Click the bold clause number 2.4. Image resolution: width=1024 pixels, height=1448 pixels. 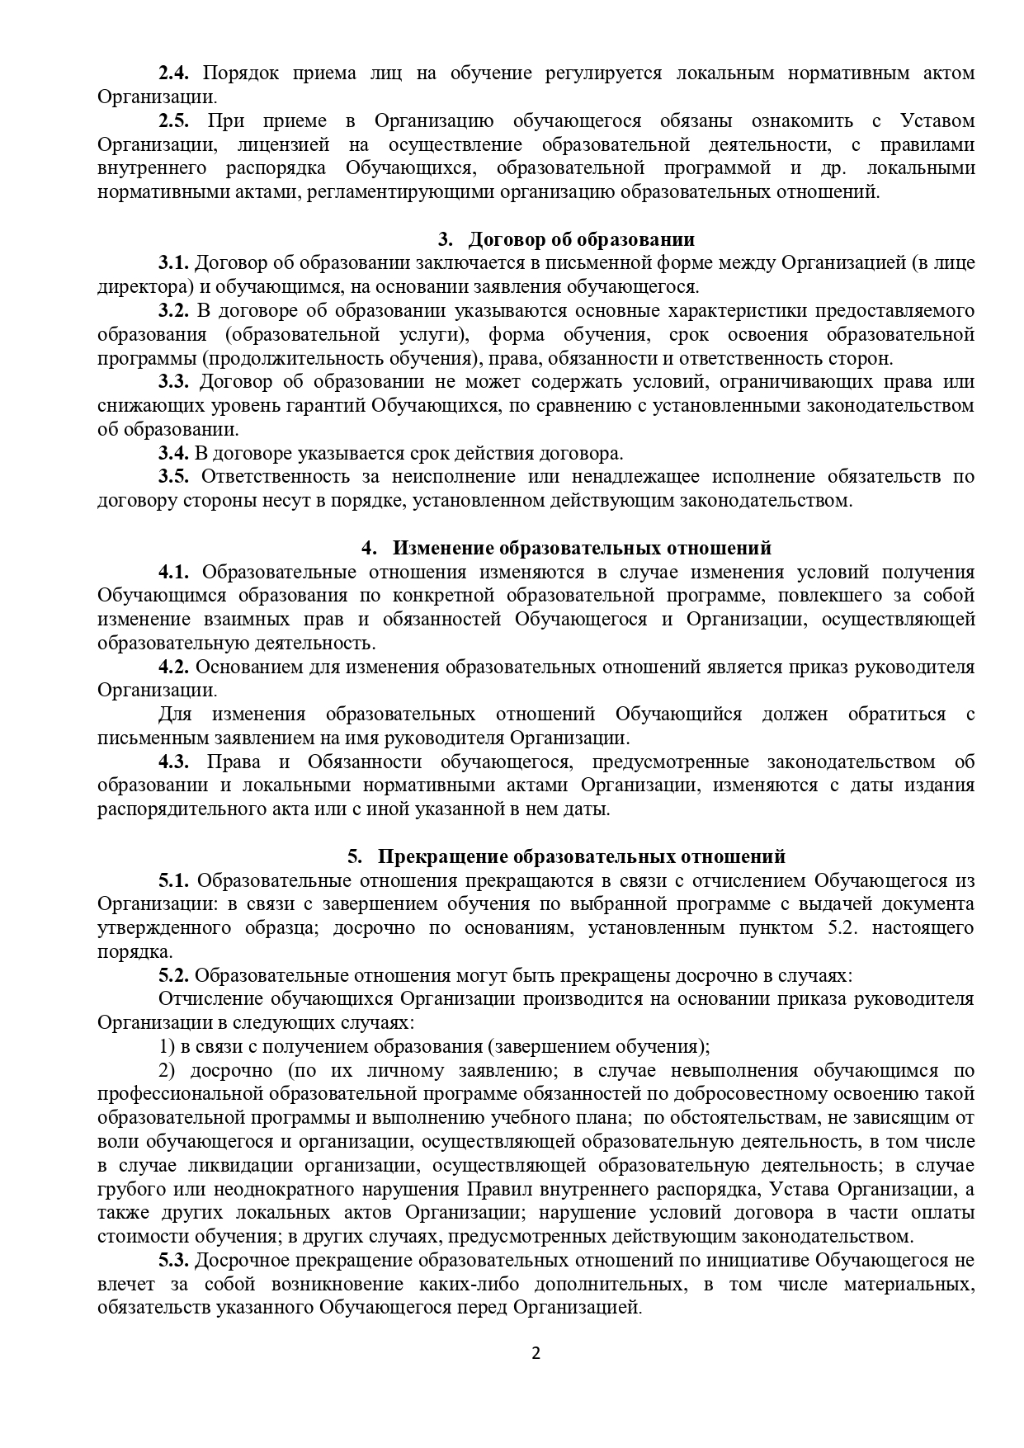pos(174,73)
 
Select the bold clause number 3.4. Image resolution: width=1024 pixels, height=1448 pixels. pos(174,453)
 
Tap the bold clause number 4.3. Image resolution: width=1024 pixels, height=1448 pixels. pos(174,762)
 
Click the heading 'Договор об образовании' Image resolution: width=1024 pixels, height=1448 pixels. pos(581,239)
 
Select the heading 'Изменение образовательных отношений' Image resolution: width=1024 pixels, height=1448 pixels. pos(582,548)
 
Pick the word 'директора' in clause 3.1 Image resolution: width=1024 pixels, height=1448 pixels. pos(135,287)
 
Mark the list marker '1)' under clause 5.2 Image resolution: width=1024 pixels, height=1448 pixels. pos(167,1047)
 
